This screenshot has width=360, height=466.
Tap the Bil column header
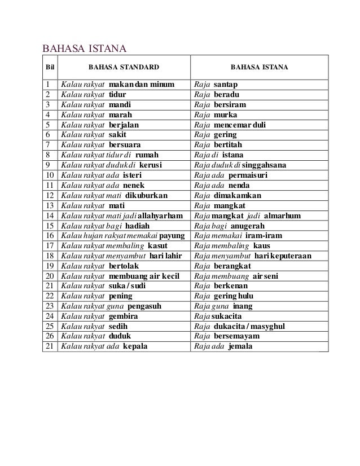point(50,69)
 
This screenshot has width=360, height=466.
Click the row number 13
point(50,205)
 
